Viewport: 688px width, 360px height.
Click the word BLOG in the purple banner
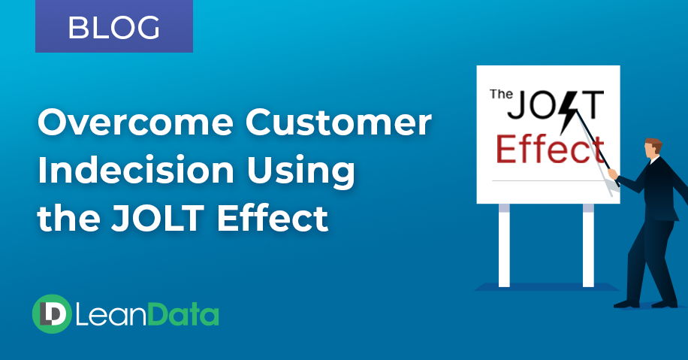coord(113,28)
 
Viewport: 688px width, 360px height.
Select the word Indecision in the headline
coord(136,170)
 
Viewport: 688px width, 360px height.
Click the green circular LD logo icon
coord(52,314)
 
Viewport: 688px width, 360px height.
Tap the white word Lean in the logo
coord(111,315)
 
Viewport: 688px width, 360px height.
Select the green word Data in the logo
coord(183,315)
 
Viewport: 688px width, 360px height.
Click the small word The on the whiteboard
coord(501,94)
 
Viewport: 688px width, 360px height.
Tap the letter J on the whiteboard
coord(517,105)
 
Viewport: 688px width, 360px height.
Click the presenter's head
coord(653,148)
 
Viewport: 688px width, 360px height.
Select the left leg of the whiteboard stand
coord(504,245)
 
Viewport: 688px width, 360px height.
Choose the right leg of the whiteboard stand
coord(588,245)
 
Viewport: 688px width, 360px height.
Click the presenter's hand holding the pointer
coord(613,174)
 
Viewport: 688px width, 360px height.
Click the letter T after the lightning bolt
coord(593,105)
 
